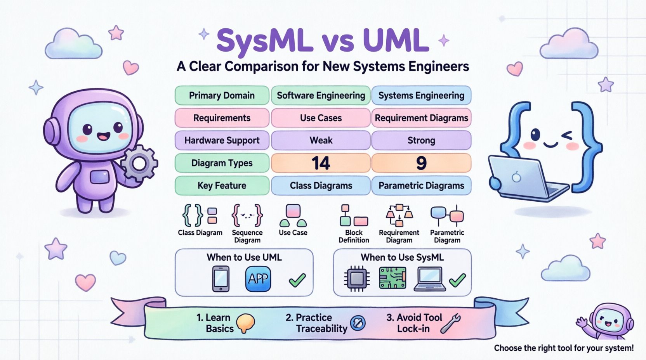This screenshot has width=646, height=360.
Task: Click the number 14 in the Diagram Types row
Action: point(321,163)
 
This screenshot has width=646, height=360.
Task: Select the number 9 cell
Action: point(421,163)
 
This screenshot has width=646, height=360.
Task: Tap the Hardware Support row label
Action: point(222,140)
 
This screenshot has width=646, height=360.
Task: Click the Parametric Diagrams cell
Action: point(421,185)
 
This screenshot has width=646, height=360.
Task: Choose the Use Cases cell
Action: point(321,118)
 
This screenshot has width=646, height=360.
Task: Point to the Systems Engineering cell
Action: point(421,95)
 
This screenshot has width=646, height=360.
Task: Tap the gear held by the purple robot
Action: point(139,163)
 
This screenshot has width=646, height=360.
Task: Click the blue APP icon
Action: point(258,279)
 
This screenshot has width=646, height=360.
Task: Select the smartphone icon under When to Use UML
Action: point(221,279)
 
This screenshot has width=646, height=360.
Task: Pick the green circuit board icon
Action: point(392,278)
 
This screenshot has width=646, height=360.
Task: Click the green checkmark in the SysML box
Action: point(457,280)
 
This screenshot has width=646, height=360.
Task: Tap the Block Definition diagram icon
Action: point(353,216)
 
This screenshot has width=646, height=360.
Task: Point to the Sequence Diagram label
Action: point(247,236)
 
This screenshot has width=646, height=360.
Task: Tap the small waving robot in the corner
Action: point(608,322)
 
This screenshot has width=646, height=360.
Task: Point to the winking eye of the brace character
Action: point(567,135)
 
